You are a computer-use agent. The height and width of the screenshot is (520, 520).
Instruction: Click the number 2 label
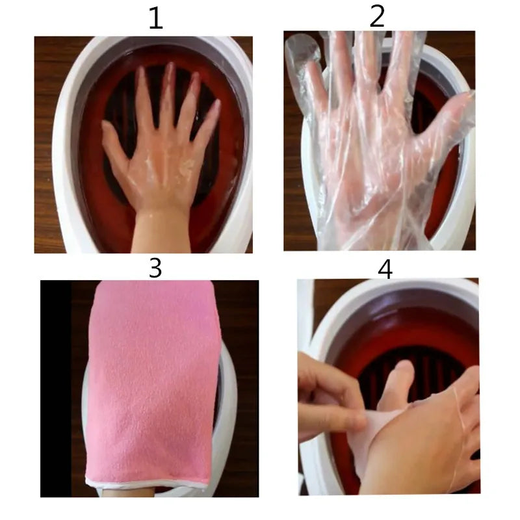[x=377, y=16]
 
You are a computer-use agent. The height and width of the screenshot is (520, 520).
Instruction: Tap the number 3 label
[x=155, y=268]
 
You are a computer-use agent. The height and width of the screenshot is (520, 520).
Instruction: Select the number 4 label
[x=385, y=268]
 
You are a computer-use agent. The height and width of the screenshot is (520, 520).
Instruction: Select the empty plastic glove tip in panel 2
[x=300, y=49]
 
